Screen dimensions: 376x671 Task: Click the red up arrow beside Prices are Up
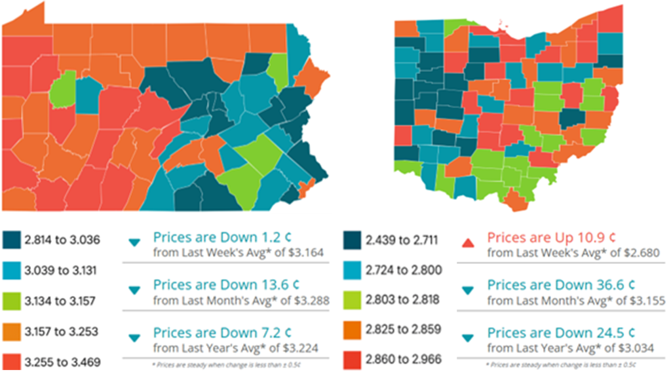pos(467,244)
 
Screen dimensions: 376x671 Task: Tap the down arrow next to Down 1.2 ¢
pos(134,243)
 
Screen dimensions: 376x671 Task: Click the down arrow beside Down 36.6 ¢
pos(467,290)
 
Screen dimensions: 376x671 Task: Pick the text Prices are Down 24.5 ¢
pos(561,332)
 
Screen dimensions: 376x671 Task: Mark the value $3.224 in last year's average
pos(303,348)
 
